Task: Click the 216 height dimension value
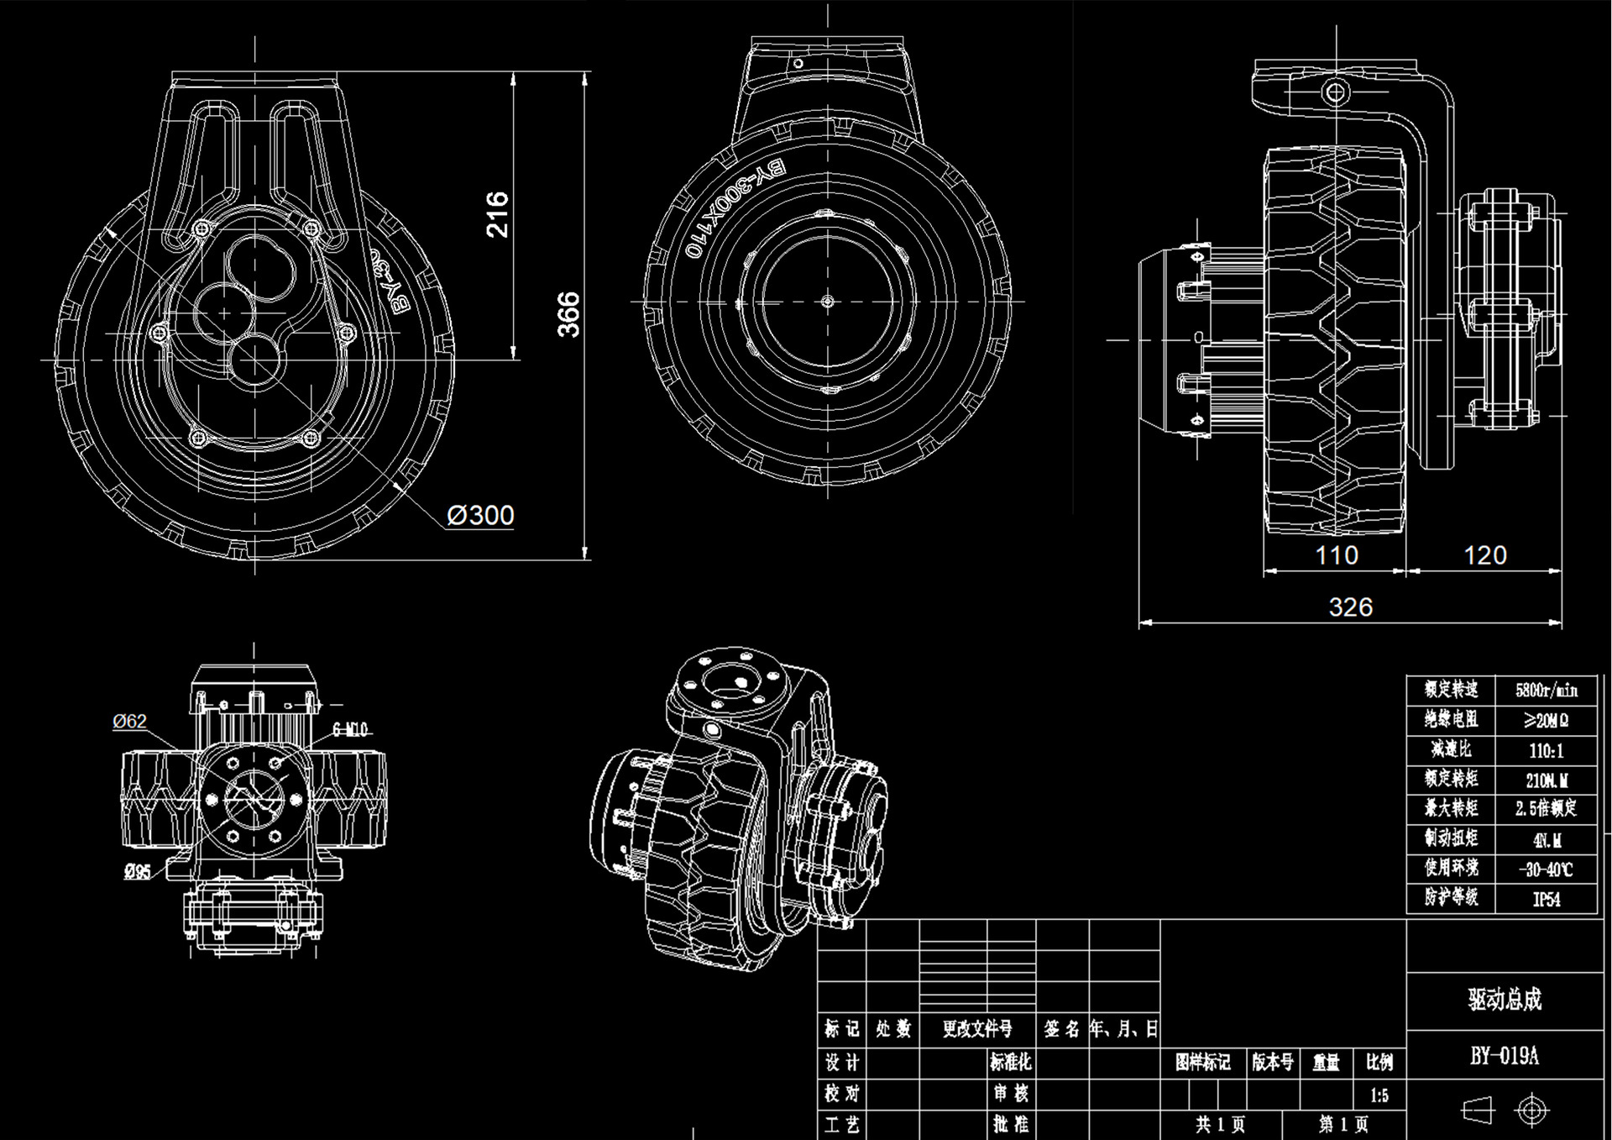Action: pyautogui.click(x=498, y=214)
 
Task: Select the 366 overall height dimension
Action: pyautogui.click(x=569, y=314)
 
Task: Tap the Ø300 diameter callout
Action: pyautogui.click(x=480, y=515)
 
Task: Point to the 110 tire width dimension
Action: pyautogui.click(x=1336, y=555)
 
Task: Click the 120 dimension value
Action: pyautogui.click(x=1484, y=555)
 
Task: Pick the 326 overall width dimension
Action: pyautogui.click(x=1350, y=607)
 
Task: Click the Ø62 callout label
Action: pyautogui.click(x=129, y=721)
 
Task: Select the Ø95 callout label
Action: pyautogui.click(x=137, y=872)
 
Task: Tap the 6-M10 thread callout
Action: pyautogui.click(x=350, y=729)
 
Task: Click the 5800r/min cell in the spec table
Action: pyautogui.click(x=1546, y=691)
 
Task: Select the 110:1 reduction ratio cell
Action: pyautogui.click(x=1546, y=750)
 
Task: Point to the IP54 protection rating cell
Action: pyautogui.click(x=1546, y=899)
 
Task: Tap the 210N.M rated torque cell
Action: pyautogui.click(x=1546, y=780)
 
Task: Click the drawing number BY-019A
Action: pyautogui.click(x=1504, y=1056)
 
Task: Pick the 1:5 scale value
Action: pyautogui.click(x=1379, y=1095)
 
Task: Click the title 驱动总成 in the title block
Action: pyautogui.click(x=1504, y=1000)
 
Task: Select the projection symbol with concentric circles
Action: pyautogui.click(x=1531, y=1111)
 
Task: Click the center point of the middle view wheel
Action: pyautogui.click(x=827, y=301)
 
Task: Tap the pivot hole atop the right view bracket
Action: pyautogui.click(x=1335, y=92)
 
